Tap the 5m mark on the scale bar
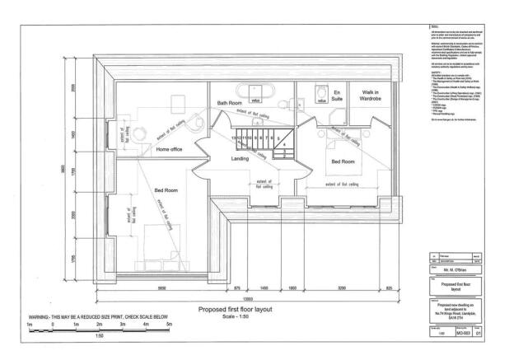(169, 325)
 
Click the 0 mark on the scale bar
(52, 325)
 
